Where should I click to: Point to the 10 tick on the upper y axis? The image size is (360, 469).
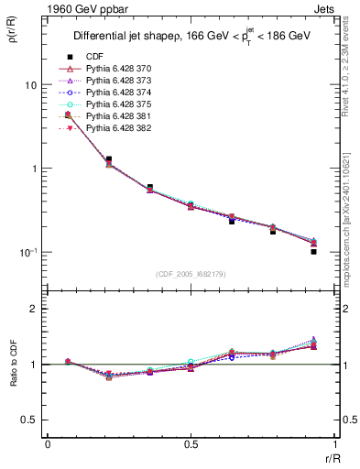32,85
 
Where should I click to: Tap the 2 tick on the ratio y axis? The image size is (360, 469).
36,309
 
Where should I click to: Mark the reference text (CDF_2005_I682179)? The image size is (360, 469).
191,274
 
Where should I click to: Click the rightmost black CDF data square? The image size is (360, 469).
313,251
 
